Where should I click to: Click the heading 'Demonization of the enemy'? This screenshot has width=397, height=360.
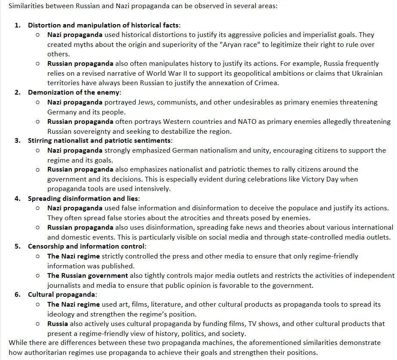(x=74, y=92)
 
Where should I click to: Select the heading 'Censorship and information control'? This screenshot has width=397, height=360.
(x=86, y=246)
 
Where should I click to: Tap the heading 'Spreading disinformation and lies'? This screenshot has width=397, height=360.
(x=83, y=198)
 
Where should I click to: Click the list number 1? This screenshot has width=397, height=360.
(x=17, y=25)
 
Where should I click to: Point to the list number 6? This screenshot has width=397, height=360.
(x=17, y=295)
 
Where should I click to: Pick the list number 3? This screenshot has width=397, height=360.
(x=17, y=141)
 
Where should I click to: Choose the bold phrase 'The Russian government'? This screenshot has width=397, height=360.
(x=87, y=275)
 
